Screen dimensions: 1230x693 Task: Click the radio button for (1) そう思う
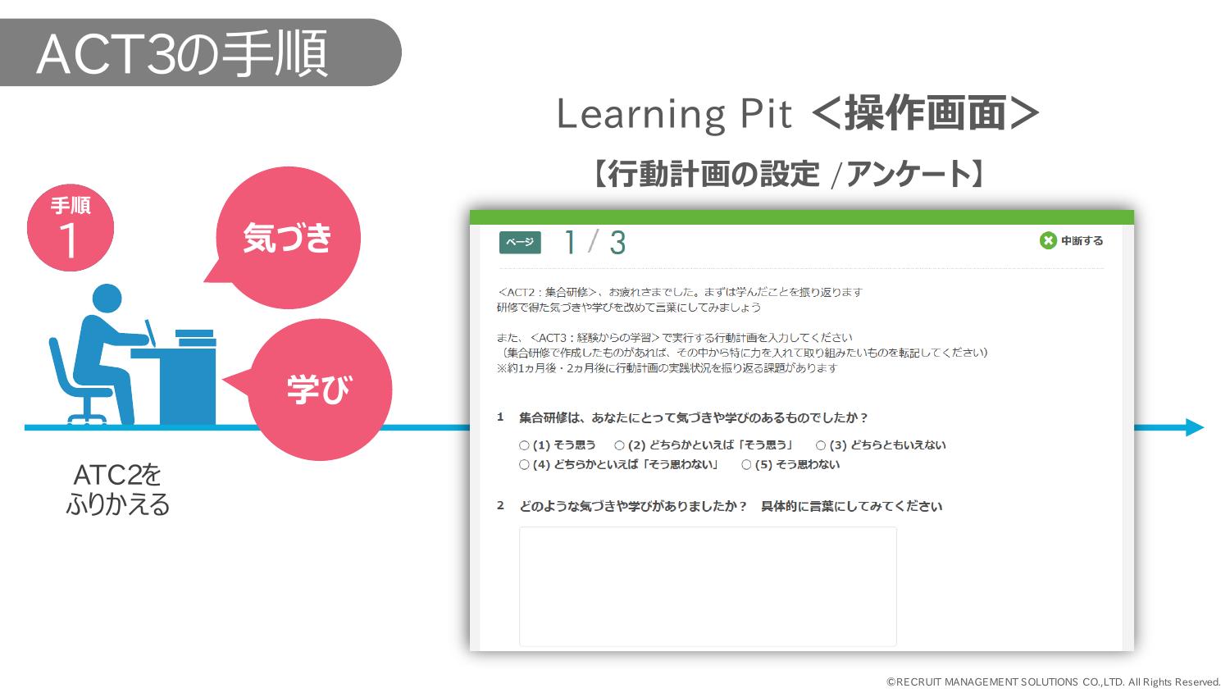click(524, 445)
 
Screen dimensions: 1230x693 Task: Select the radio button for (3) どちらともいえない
click(820, 445)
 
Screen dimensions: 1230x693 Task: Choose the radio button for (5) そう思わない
click(746, 464)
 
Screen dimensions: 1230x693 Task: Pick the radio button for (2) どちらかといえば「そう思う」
click(619, 445)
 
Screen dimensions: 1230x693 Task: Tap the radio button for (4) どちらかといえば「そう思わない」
click(524, 464)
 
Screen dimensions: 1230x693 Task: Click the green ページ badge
click(519, 242)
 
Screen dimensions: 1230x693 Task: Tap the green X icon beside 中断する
click(1048, 240)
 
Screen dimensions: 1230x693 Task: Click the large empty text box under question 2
click(708, 586)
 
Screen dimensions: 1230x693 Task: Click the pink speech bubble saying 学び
click(318, 390)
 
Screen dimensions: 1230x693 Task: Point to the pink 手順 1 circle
click(71, 227)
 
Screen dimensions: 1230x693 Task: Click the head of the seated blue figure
click(107, 299)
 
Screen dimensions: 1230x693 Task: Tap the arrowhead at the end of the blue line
click(1195, 427)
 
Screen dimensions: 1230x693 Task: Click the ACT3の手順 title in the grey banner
click(182, 54)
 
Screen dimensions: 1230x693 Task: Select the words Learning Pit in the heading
click(674, 114)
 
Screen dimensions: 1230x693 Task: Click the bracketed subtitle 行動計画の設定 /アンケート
click(788, 174)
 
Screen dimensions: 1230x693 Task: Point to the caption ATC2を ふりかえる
click(117, 490)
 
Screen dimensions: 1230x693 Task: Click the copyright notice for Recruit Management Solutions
click(1053, 682)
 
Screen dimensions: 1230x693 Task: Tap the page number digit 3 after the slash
click(617, 243)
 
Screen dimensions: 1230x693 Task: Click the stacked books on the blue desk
click(195, 338)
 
